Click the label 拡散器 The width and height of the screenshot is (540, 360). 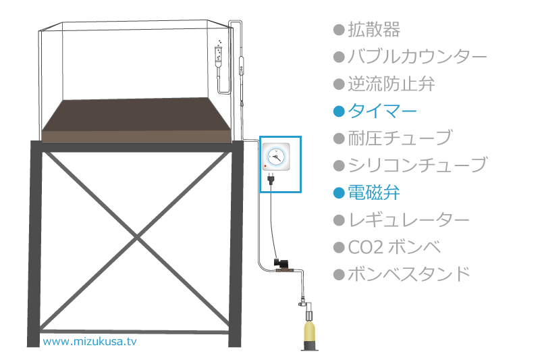[x=374, y=30]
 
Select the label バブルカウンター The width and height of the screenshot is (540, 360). [x=417, y=57]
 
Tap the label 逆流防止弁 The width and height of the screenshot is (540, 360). [x=391, y=84]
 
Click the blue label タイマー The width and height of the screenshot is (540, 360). [x=382, y=111]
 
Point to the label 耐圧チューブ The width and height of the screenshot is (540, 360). [x=400, y=138]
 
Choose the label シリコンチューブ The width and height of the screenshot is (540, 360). [x=417, y=165]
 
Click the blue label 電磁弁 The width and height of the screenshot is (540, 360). [x=374, y=192]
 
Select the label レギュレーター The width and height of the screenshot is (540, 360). [x=408, y=220]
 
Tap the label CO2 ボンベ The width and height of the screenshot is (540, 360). [x=394, y=247]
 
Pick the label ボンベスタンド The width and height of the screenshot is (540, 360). [x=409, y=274]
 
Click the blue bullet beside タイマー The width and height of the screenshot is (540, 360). [x=339, y=111]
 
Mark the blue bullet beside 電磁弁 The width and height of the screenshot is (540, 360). [x=339, y=193]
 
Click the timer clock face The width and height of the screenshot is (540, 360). [x=276, y=157]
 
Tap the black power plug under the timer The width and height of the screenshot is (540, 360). [x=271, y=179]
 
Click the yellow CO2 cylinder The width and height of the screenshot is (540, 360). [x=310, y=332]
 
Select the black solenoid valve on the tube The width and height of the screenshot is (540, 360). [x=279, y=263]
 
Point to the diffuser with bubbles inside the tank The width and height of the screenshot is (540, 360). [x=218, y=55]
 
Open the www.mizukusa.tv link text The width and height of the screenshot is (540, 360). [x=90, y=341]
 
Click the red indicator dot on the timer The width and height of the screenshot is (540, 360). [x=265, y=166]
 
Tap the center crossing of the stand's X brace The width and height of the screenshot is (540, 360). [x=137, y=237]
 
